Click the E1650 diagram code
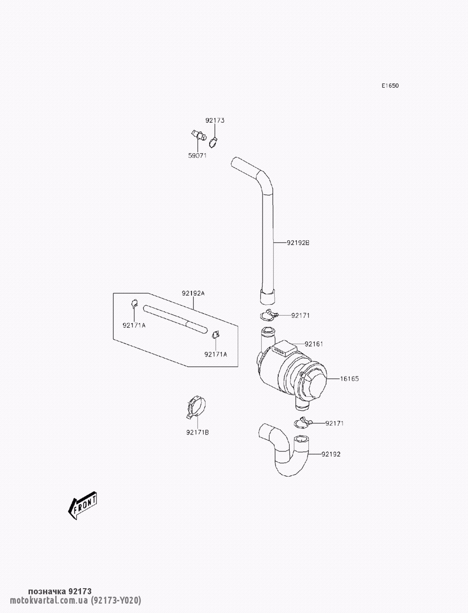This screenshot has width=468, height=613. [x=389, y=86]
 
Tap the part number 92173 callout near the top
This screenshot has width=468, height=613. [x=215, y=120]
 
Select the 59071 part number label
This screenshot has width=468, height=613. [x=197, y=155]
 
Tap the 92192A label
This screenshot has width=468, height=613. [x=193, y=293]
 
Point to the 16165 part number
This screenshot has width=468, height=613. [x=349, y=378]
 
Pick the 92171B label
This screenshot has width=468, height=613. [x=197, y=432]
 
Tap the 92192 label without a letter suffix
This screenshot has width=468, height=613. [x=331, y=454]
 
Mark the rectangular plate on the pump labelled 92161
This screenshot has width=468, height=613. [x=282, y=348]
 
